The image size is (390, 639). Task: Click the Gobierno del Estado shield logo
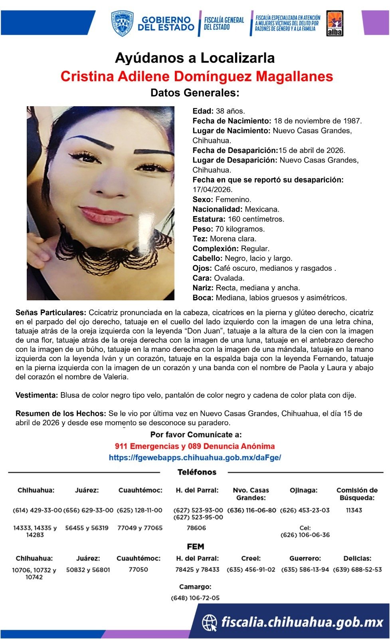122,24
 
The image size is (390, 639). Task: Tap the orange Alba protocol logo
335,24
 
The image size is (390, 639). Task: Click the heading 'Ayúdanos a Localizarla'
195,58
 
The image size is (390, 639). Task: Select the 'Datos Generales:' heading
195,93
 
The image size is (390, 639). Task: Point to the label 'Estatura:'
209,219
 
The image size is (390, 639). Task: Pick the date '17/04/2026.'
212,190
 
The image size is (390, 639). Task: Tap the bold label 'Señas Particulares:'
51,313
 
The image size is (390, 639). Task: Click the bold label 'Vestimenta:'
37,395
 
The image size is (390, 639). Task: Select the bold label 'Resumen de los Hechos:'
61,414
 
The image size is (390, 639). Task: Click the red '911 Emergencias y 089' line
195,446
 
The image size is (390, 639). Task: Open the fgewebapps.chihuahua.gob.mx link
195,458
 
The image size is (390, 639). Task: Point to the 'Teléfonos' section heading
197,472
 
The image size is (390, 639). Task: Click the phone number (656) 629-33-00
88,510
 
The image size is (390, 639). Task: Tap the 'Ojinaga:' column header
304,490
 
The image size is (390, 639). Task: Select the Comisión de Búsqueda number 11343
354,510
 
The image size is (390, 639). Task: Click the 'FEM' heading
196,547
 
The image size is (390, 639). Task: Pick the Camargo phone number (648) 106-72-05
195,598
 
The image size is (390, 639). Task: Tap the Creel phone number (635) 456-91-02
251,570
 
